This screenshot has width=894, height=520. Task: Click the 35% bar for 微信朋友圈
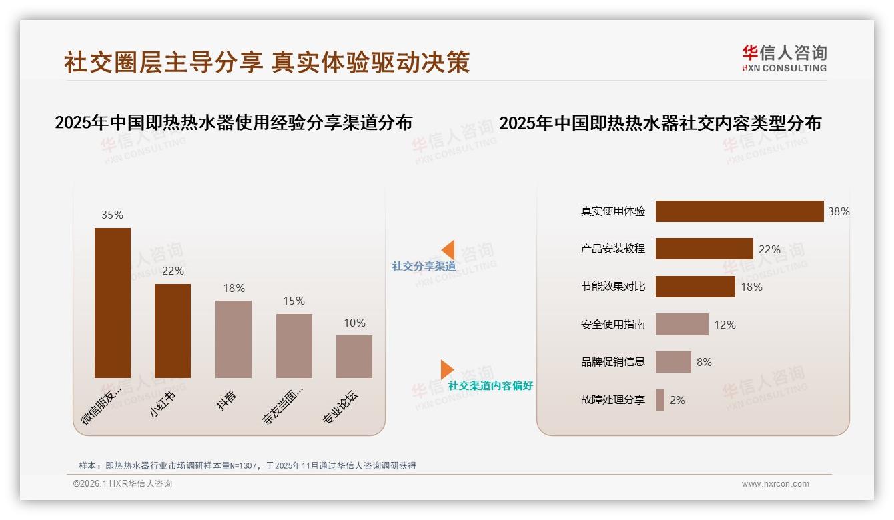pyautogui.click(x=113, y=303)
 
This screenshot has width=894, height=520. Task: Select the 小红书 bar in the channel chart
pyautogui.click(x=173, y=331)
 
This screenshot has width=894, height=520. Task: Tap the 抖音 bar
pyautogui.click(x=234, y=339)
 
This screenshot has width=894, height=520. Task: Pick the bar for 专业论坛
pyautogui.click(x=354, y=356)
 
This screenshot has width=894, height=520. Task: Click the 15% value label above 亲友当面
pyautogui.click(x=294, y=301)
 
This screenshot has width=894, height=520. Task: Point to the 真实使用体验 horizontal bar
pyautogui.click(x=739, y=211)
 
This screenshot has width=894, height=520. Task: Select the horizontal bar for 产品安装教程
pyautogui.click(x=704, y=249)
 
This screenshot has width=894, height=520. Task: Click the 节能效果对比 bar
pyautogui.click(x=695, y=287)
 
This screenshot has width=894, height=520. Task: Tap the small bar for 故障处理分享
pyautogui.click(x=660, y=400)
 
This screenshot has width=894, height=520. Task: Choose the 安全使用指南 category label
pyautogui.click(x=613, y=325)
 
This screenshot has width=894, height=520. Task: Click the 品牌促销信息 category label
pyautogui.click(x=613, y=362)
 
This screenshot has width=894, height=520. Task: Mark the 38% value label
pyautogui.click(x=839, y=211)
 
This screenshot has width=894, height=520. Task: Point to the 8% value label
pyautogui.click(x=704, y=362)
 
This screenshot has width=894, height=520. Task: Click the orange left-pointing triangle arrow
pyautogui.click(x=448, y=249)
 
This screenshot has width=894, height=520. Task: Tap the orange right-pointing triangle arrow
pyautogui.click(x=447, y=369)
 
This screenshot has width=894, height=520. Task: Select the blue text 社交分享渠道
pyautogui.click(x=424, y=266)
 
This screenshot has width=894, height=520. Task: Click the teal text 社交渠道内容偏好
pyautogui.click(x=490, y=385)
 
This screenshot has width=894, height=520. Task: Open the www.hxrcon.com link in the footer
pyautogui.click(x=775, y=484)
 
